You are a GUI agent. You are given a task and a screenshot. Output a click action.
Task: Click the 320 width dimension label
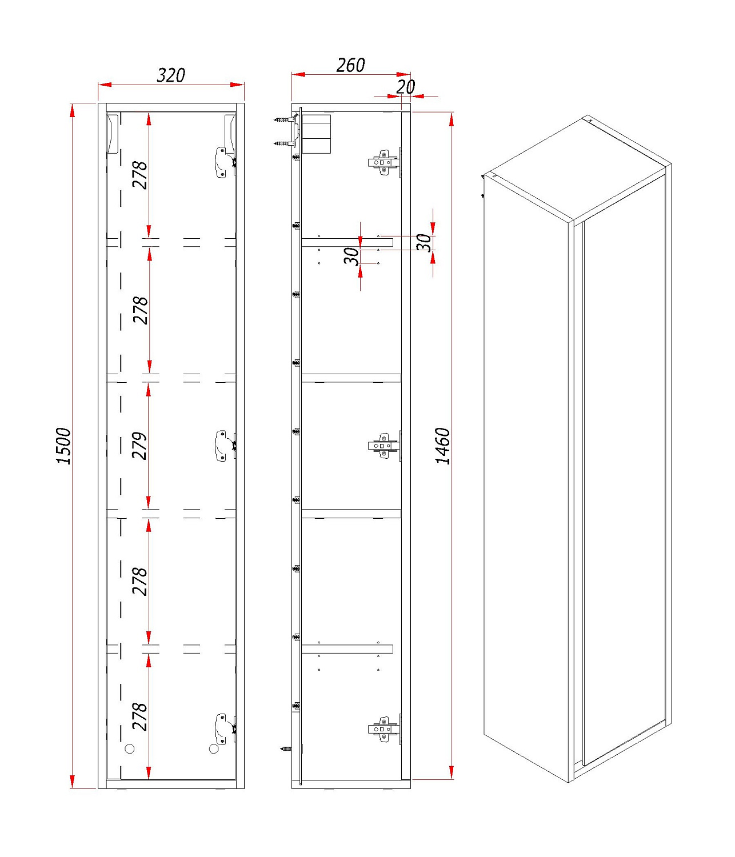pos(171,75)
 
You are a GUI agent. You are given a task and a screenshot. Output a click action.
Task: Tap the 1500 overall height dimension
pos(63,446)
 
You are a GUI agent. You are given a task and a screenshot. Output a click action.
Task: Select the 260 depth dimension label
pos(350,65)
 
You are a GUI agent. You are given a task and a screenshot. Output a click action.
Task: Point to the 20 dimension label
pos(405,87)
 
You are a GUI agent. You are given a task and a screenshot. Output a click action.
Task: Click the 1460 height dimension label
pos(443,446)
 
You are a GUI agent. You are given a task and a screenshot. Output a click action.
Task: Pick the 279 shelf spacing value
pos(140,446)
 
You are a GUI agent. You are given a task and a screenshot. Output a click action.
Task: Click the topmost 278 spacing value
pos(140,175)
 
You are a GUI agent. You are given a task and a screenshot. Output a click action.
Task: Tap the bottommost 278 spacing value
pos(140,717)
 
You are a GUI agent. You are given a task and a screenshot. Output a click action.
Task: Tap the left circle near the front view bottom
pos(130,749)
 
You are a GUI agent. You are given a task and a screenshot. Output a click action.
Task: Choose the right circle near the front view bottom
pos(214,749)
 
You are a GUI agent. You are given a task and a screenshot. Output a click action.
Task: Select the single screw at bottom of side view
pos(286,749)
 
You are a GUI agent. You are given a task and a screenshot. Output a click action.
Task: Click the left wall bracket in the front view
pos(113,134)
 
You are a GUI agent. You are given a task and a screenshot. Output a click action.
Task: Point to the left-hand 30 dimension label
pos(351,256)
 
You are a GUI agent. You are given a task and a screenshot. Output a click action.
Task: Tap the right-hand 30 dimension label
pos(424,243)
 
